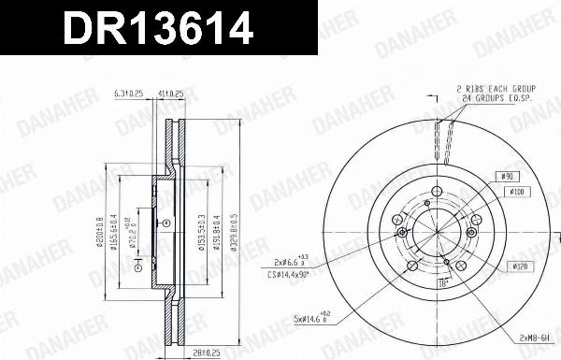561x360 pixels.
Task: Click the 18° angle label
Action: pyautogui.click(x=446, y=281)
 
